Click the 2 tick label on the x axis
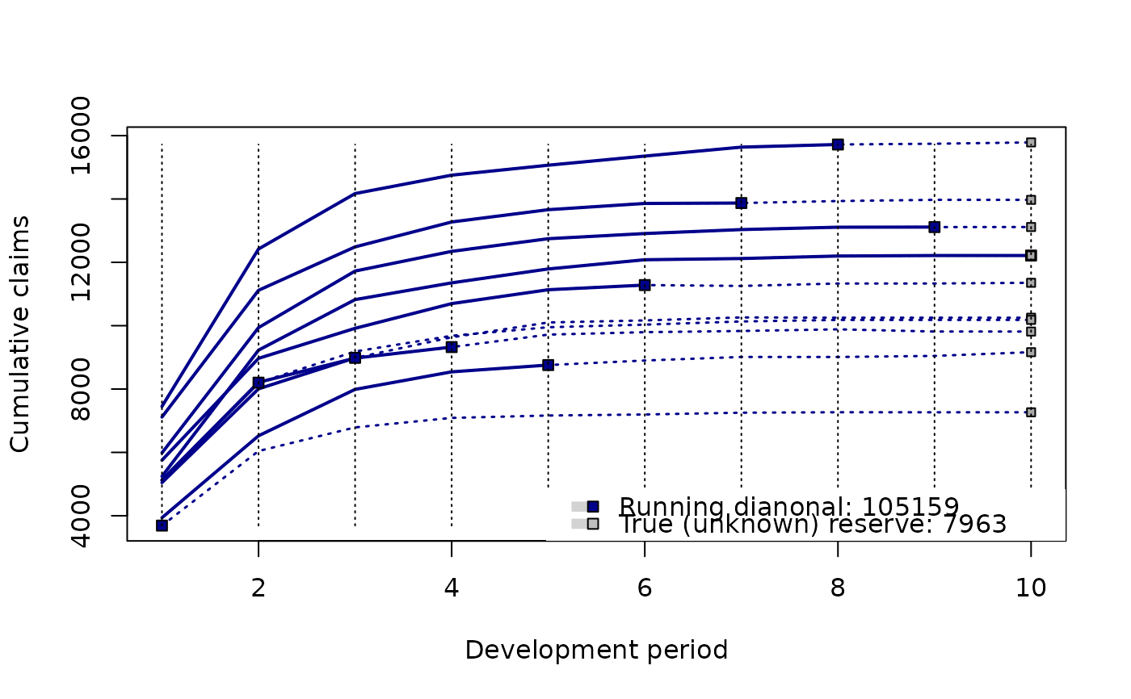point(258,588)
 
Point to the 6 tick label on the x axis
point(645,588)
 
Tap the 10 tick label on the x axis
point(1030,588)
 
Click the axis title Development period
point(596,651)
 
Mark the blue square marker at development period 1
point(162,525)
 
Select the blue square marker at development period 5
point(548,365)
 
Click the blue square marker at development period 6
point(645,285)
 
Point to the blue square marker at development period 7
point(741,203)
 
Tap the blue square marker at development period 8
point(838,144)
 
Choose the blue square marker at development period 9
point(934,227)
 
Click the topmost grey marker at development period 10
point(1031,142)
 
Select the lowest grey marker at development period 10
point(1031,412)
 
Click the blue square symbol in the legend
point(592,506)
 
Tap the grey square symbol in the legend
point(592,524)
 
